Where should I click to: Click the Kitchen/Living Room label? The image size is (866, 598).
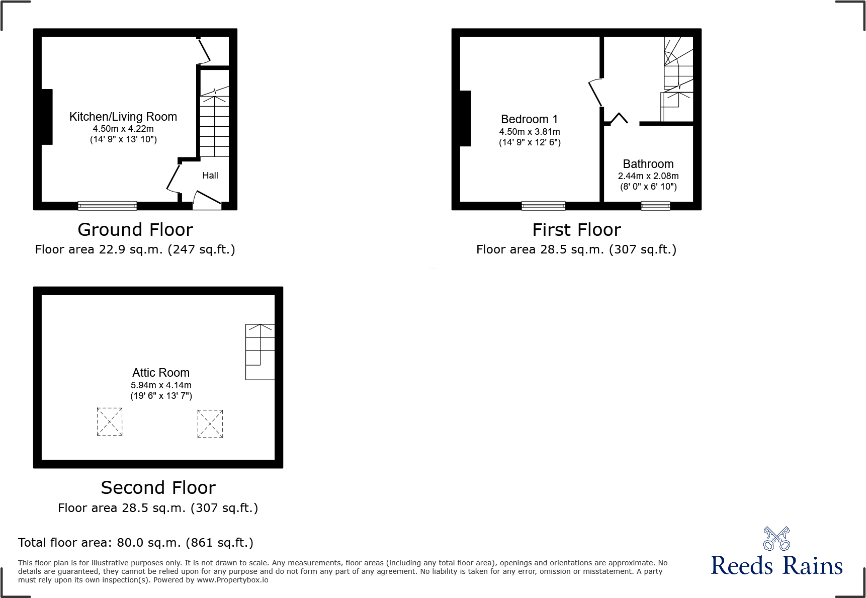123,117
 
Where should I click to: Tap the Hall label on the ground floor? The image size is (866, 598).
210,176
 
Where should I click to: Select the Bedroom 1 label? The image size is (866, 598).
529,119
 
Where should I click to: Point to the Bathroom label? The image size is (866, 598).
648,164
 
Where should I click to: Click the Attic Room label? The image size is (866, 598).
161,373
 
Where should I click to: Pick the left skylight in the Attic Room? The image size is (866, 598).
110,421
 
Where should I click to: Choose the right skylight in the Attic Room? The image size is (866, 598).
210,423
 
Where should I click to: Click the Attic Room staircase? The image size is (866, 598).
260,352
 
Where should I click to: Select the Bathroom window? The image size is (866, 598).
655,205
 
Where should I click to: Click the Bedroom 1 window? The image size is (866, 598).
543,205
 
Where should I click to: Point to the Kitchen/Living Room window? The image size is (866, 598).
107,205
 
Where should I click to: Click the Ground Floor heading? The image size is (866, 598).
135,230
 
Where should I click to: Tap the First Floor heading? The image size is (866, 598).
576,230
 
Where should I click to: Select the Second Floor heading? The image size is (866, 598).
158,488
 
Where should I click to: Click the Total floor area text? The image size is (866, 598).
136,543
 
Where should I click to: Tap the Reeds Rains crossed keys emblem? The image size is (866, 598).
776,539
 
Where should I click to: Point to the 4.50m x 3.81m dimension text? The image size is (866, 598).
530,132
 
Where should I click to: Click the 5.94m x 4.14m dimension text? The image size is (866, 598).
161,385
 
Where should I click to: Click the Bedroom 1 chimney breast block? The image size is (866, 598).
465,118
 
